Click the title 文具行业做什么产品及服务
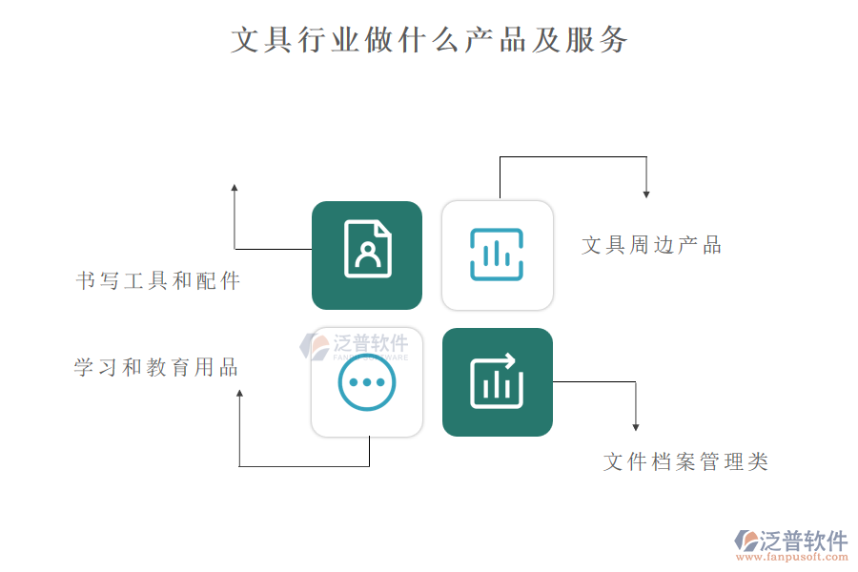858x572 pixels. tap(429, 40)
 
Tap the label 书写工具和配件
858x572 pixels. tap(158, 281)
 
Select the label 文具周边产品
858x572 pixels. tap(652, 245)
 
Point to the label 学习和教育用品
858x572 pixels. tap(156, 367)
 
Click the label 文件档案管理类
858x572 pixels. tap(686, 461)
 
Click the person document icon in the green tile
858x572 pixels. tap(367, 249)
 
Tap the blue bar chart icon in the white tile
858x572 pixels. tap(497, 255)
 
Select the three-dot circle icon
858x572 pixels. tap(367, 382)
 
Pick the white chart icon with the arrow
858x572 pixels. tap(497, 381)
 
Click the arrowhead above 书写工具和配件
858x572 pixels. tap(235, 188)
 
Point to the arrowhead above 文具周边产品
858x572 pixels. tap(646, 194)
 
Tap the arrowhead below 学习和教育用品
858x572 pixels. tap(239, 394)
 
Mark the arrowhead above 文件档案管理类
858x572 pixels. tap(635, 427)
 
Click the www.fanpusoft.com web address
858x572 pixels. tap(792, 557)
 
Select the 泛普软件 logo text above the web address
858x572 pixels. tap(804, 541)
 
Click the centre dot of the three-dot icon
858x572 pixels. tap(367, 382)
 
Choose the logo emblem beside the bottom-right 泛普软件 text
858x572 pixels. tap(746, 541)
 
